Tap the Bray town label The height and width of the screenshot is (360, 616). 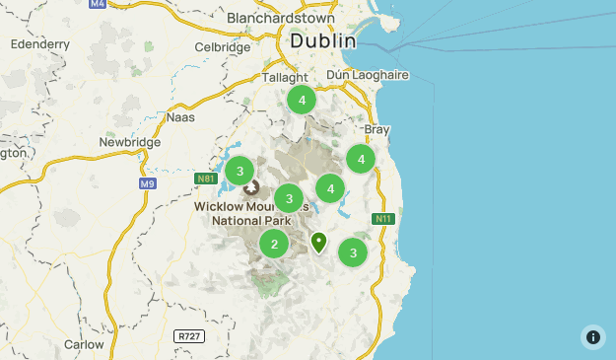(377, 129)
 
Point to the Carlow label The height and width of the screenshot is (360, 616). (84, 345)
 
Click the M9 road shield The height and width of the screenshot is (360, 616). (147, 183)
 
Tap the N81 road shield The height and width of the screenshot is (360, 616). (206, 179)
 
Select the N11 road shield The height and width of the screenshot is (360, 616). (384, 218)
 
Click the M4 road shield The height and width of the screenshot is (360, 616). (97, 4)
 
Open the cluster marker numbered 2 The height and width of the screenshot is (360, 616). (274, 244)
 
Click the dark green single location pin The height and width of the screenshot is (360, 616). (318, 241)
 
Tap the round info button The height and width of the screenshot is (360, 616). (592, 336)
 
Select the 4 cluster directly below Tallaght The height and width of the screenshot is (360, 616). (302, 100)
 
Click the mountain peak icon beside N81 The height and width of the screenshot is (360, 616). (250, 186)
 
